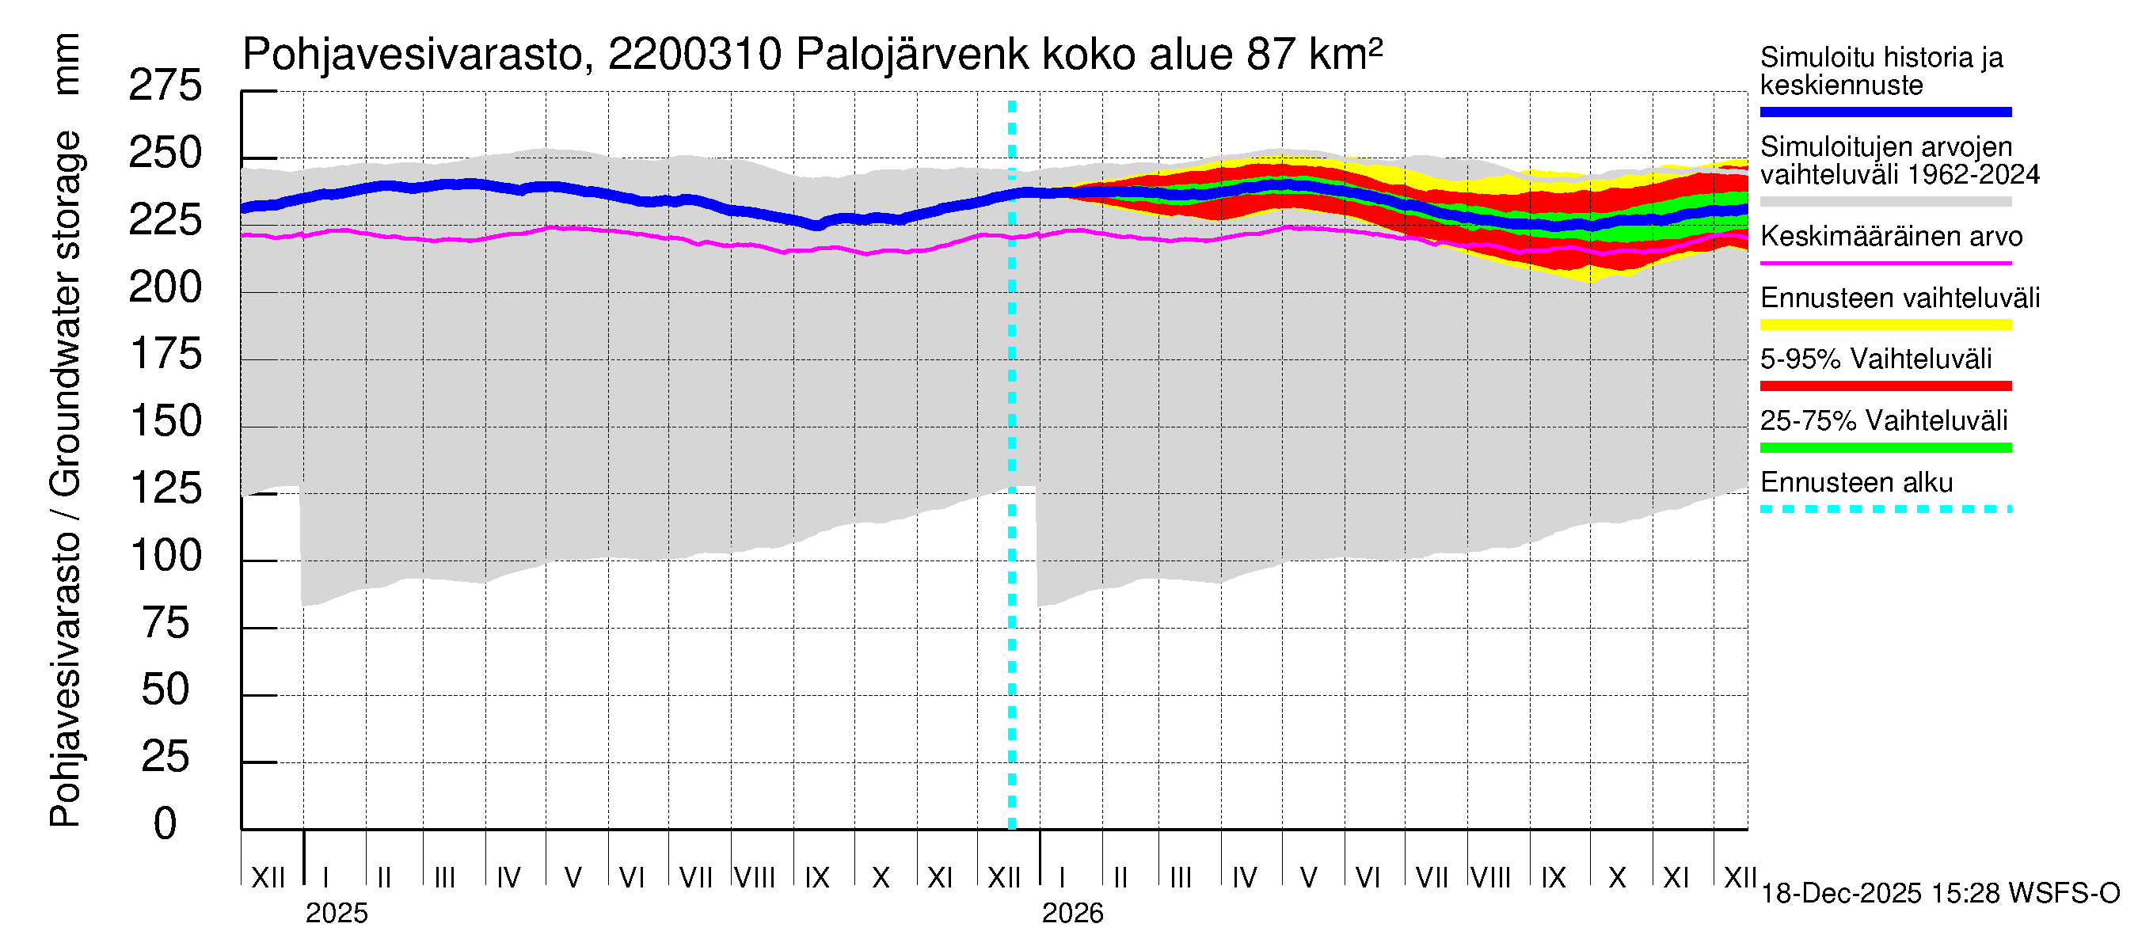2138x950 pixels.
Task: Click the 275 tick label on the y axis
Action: click(x=165, y=86)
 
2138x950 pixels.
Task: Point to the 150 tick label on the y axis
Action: click(x=165, y=421)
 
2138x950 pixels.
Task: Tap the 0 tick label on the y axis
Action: click(x=165, y=824)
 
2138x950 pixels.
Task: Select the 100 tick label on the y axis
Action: click(x=165, y=556)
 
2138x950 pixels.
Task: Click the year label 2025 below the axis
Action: click(x=336, y=914)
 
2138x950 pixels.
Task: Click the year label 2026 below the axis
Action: click(x=1072, y=914)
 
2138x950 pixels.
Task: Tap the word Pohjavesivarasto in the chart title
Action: click(x=413, y=55)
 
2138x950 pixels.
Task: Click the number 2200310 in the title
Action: click(x=694, y=55)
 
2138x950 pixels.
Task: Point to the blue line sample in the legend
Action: click(x=1885, y=112)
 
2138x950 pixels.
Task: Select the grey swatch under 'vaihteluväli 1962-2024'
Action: click(x=1885, y=202)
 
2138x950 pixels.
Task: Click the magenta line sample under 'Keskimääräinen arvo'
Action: click(x=1885, y=263)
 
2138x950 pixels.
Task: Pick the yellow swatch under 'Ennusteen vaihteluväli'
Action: click(x=1885, y=325)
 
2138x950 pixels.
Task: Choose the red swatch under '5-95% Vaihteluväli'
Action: click(x=1885, y=386)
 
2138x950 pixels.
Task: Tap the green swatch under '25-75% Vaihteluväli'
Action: click(x=1885, y=448)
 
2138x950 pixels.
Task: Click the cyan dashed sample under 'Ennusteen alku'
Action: click(x=1885, y=509)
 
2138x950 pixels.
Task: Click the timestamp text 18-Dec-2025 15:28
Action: click(x=1881, y=894)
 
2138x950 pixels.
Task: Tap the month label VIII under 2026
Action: click(x=1490, y=878)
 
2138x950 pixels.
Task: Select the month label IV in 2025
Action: click(x=508, y=878)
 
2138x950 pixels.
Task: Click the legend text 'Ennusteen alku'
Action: click(x=1856, y=483)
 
